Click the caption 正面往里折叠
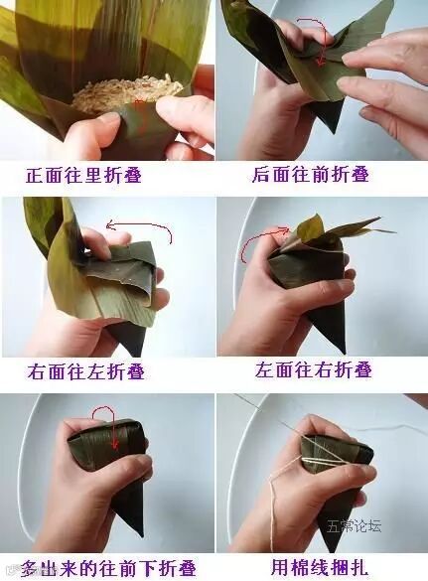[x=83, y=175]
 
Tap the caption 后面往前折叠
[x=311, y=175]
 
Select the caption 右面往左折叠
[x=85, y=371]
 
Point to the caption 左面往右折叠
[x=313, y=369]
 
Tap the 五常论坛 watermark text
[x=354, y=525]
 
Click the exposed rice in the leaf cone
[x=127, y=90]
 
